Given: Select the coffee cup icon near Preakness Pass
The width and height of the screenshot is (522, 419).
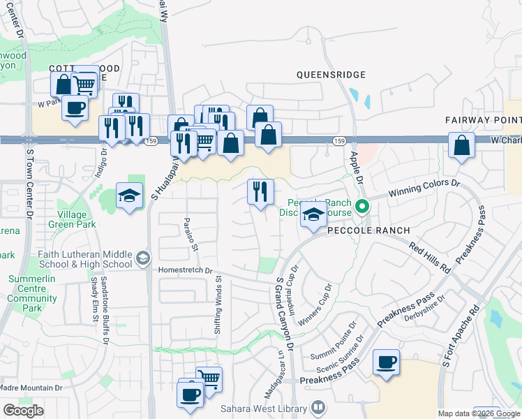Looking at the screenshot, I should pos(386,362).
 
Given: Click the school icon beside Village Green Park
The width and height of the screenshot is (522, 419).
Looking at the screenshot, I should pos(129,196).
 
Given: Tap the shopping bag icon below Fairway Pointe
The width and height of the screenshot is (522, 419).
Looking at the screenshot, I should pos(462,146).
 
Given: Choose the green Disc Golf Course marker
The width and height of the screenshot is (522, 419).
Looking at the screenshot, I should pos(362,206).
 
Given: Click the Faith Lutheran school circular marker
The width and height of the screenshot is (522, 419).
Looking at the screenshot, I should pos(142,258).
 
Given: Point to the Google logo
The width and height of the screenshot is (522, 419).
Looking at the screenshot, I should pos(23,411).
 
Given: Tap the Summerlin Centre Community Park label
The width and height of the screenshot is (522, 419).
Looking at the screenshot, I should pos(31,298).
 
